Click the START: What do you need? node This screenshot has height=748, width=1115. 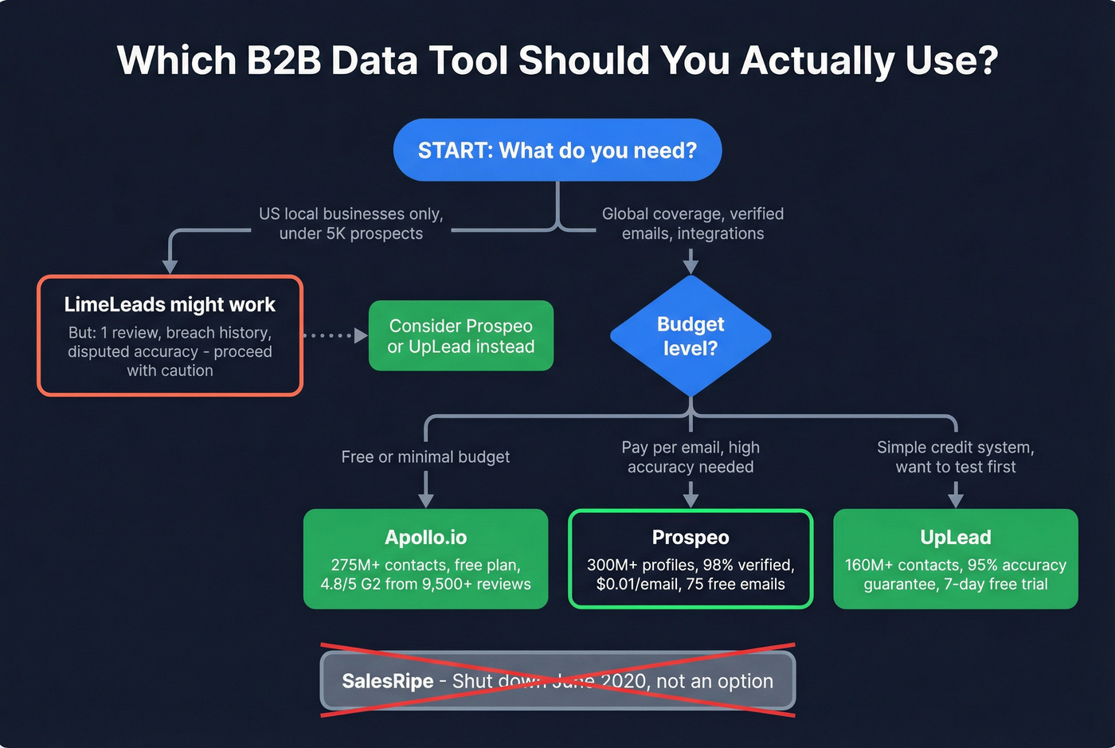(557, 151)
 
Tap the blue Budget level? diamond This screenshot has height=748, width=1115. (691, 335)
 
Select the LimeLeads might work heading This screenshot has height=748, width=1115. (170, 304)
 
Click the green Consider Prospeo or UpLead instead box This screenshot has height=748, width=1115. (460, 335)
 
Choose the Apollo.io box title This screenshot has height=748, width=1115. (425, 537)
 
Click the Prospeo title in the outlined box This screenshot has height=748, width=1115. (691, 537)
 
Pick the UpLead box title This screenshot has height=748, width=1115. (955, 537)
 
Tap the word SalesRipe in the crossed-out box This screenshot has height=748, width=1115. (387, 681)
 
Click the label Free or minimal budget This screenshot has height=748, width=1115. (425, 456)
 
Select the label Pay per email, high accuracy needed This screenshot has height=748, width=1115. (691, 456)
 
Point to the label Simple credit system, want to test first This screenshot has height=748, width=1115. (955, 456)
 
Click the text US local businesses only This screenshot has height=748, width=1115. (350, 213)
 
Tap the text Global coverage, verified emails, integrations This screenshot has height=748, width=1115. (692, 223)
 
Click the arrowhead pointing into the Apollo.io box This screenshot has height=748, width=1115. (426, 499)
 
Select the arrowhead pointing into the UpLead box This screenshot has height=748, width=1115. (956, 499)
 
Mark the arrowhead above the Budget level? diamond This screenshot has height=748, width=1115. (691, 266)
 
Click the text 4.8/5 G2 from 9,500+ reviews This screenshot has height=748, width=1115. (425, 584)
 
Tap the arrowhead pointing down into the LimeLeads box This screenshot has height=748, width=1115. (170, 266)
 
